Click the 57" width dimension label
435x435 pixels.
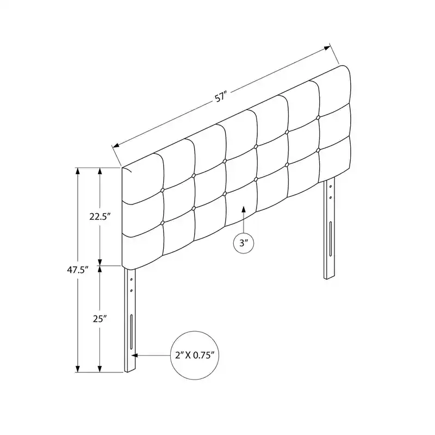click(221, 98)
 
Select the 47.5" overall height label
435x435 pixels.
click(78, 270)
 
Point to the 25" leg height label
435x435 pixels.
click(100, 319)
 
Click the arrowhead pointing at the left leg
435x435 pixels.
click(134, 355)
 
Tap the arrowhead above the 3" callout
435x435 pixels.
click(243, 209)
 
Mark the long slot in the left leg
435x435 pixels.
click(132, 332)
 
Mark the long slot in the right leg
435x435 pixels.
click(331, 239)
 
